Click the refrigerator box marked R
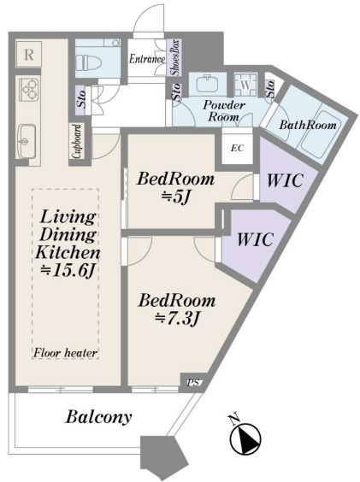28,54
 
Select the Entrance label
147,59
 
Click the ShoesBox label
174,57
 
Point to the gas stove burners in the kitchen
29,90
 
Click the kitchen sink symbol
27,141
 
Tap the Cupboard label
77,141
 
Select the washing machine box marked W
245,85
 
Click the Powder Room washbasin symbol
208,83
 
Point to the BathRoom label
308,125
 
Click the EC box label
237,148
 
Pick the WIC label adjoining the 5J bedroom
285,180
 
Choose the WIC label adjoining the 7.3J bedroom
255,238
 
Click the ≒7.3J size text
177,319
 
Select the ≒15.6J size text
68,270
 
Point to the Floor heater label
65,353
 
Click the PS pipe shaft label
193,383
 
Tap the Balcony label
98,417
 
